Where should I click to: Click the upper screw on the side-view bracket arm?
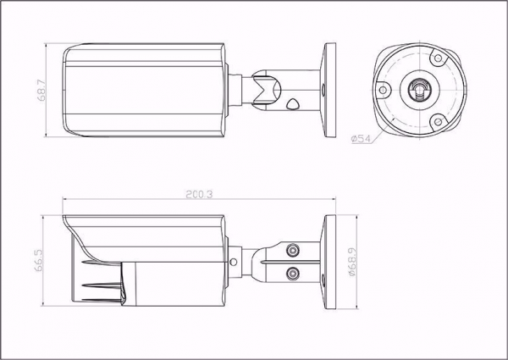292,251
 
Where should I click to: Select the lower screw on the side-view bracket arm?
292,273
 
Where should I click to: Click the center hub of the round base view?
418,89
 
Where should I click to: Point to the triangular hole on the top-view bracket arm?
293,104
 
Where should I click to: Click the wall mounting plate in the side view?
329,262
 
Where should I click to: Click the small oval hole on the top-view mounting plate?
322,89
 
